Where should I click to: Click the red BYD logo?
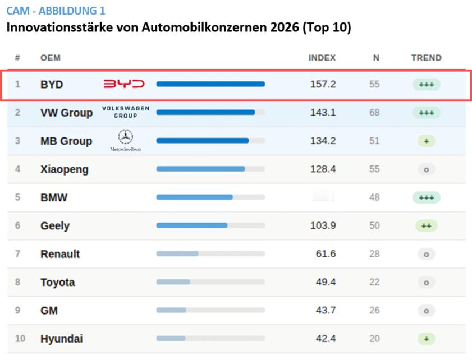[x=124, y=84]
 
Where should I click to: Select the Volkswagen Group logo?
[x=126, y=112]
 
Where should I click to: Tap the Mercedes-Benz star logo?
[x=126, y=137]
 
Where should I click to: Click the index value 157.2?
[x=323, y=84]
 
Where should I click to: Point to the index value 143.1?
[x=323, y=112]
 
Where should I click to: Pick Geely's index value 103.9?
[x=323, y=225]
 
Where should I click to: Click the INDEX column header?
[x=322, y=58]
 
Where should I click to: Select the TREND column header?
[x=426, y=58]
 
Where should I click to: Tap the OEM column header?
[x=51, y=58]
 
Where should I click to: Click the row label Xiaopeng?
[x=65, y=169]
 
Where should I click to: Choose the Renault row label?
[x=60, y=254]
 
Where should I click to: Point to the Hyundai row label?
[x=62, y=339]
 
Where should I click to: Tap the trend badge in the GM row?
[x=426, y=311]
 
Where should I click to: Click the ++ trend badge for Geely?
[x=426, y=225]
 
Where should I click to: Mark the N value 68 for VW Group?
[x=374, y=112]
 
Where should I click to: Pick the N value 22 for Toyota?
[x=374, y=282]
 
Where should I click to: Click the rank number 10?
[x=20, y=339]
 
